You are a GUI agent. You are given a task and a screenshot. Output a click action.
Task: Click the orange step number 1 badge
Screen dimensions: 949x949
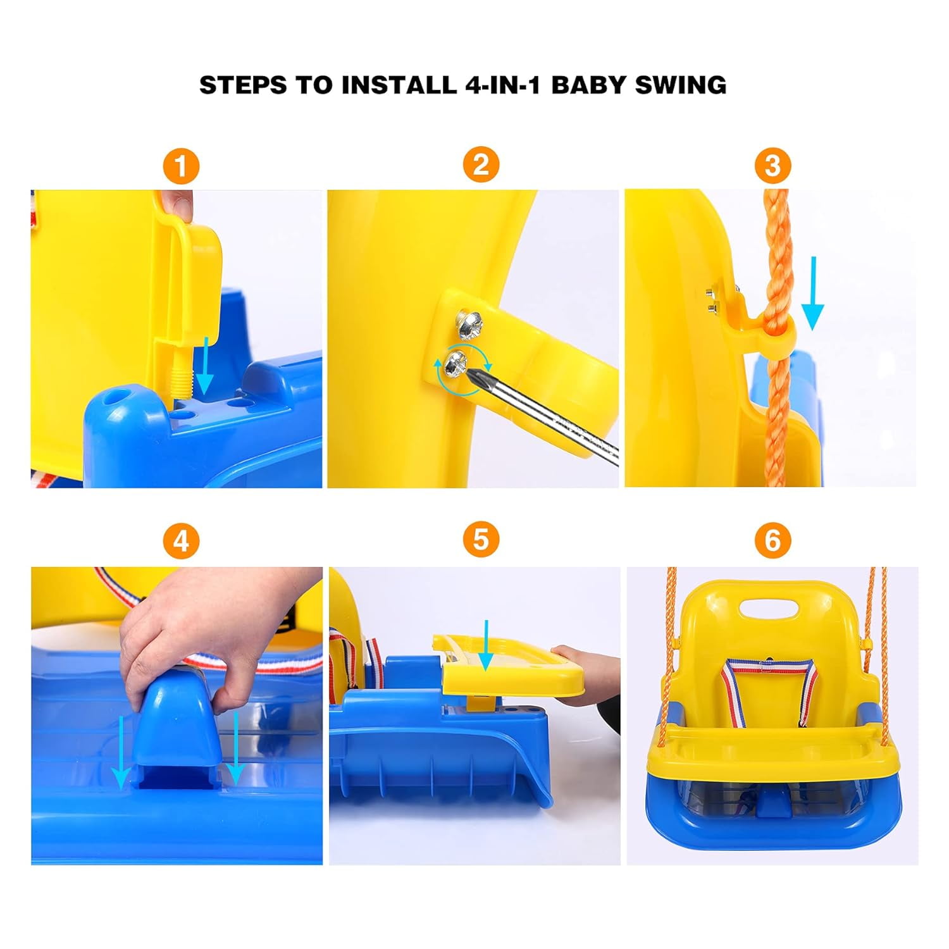click(x=181, y=166)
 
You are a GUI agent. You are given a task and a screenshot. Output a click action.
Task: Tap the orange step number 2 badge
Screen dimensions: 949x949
click(x=481, y=164)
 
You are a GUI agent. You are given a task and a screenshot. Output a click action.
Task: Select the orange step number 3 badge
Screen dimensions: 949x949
click(x=772, y=166)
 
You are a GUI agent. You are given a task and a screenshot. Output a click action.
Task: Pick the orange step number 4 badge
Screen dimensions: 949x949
click(x=181, y=542)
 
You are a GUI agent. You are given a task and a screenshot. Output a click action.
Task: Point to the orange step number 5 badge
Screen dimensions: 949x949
click(x=481, y=540)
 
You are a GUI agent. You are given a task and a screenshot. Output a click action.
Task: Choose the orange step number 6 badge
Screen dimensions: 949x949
click(x=772, y=540)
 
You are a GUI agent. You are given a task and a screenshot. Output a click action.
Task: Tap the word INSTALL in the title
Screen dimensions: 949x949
click(x=399, y=85)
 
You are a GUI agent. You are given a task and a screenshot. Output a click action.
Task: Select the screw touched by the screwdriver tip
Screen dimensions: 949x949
click(x=458, y=363)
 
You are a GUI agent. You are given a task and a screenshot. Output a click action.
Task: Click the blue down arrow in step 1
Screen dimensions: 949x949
click(x=204, y=367)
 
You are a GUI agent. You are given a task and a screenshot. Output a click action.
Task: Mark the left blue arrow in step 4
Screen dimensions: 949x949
click(x=121, y=753)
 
